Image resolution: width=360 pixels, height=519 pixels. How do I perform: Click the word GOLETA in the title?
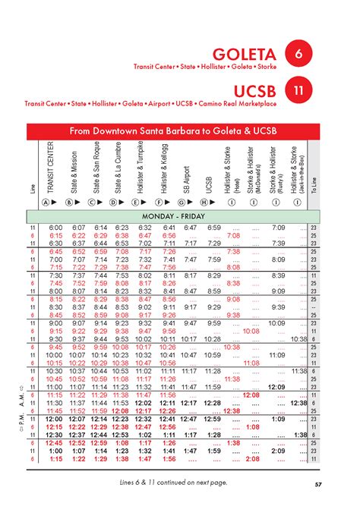pyautogui.click(x=245, y=55)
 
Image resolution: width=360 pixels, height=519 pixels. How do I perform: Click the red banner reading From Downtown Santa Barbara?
pyautogui.click(x=173, y=131)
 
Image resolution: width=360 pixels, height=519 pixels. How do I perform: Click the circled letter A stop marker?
pyautogui.click(x=47, y=203)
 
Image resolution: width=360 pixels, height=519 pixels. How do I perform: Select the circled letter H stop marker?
pyautogui.click(x=204, y=203)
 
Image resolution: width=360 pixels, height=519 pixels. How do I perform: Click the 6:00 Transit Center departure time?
pyautogui.click(x=55, y=228)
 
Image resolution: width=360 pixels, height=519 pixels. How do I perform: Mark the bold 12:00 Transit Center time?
pyautogui.click(x=55, y=419)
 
